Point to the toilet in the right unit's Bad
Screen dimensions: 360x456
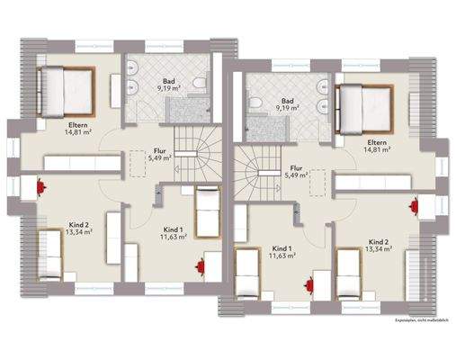coord(257,105)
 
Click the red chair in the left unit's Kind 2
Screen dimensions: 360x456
coord(42,186)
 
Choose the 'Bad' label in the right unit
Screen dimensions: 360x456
coord(288,101)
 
